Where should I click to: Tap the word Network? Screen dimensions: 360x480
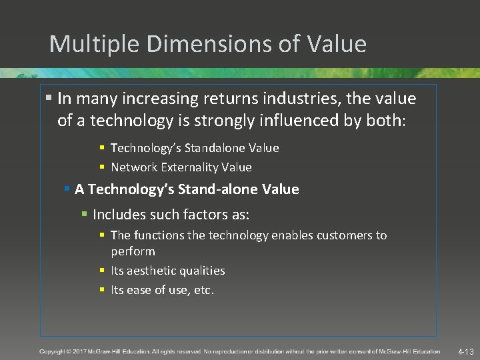134,167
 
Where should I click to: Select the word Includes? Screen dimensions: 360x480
117,215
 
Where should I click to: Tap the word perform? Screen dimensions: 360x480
133,251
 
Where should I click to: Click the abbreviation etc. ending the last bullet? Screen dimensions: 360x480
203,290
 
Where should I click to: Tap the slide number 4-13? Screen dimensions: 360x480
465,351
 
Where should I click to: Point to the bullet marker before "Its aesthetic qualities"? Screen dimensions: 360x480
102,271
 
